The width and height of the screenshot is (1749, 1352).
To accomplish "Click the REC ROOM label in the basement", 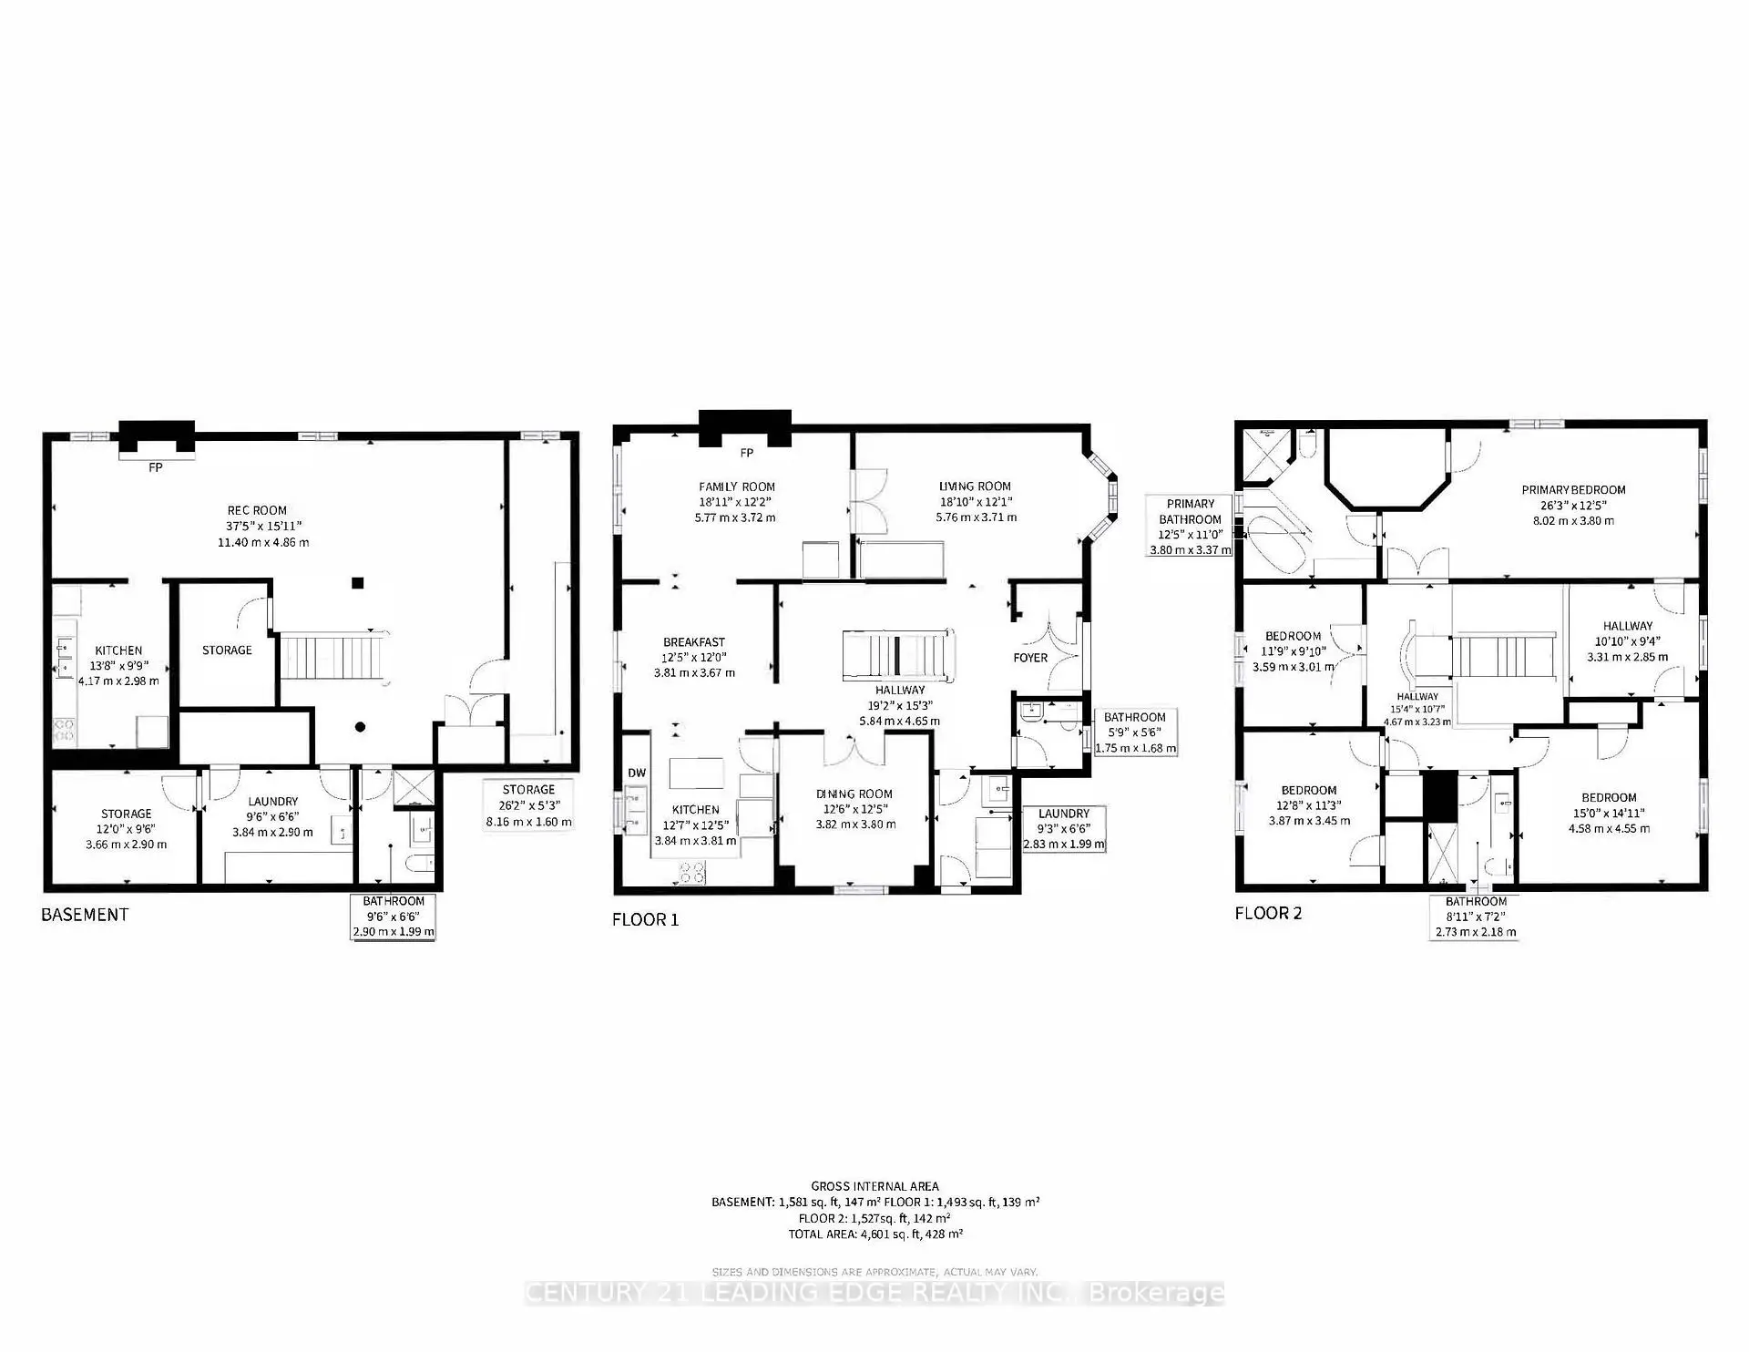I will tap(257, 511).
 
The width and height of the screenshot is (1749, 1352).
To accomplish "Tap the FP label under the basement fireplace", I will tap(156, 467).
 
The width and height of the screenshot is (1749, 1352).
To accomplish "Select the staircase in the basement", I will tap(332, 656).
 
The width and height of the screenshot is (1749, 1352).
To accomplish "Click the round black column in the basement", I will tap(361, 727).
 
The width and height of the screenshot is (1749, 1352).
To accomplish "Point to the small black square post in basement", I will tap(359, 583).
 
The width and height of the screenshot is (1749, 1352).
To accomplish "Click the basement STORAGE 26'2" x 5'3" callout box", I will tap(528, 804).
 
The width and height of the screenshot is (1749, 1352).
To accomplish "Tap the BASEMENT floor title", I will tap(85, 915).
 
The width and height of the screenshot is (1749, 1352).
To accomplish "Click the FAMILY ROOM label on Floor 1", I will tap(736, 487).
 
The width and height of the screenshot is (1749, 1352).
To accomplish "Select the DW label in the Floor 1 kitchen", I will tap(636, 773).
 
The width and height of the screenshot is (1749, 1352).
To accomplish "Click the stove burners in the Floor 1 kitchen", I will tap(692, 873).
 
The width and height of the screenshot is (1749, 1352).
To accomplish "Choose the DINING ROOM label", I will tap(854, 794).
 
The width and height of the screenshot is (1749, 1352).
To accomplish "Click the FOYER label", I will tap(1030, 658).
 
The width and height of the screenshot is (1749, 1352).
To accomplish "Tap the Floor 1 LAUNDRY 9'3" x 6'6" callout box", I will tap(1064, 828).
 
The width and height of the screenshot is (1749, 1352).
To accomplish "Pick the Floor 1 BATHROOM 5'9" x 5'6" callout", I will tap(1134, 732).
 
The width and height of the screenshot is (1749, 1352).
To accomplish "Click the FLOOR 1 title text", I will tap(645, 920).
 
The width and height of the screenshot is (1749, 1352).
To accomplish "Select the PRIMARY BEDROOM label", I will tap(1573, 490).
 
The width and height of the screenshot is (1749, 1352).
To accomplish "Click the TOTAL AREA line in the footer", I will tap(875, 1234).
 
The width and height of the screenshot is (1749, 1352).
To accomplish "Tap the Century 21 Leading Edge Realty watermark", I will tap(874, 1293).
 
